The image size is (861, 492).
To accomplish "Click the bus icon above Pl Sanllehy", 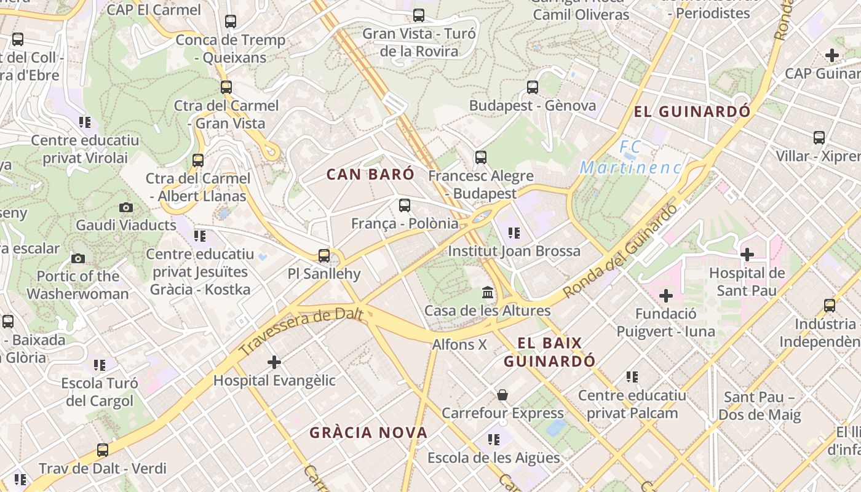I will coord(324,255).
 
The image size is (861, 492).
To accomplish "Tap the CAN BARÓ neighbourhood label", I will coord(370,174).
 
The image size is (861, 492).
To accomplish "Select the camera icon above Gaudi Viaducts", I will coord(126,207).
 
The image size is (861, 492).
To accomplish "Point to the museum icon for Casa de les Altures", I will coord(488,292).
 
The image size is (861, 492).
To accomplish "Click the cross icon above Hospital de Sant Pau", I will coord(747,254).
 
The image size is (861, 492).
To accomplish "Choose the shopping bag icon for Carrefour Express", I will coord(502,394).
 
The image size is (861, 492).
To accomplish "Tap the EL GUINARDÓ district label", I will coord(692,111).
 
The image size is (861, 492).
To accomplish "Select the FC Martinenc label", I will coord(631,157).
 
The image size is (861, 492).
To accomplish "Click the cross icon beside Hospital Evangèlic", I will coord(274,362).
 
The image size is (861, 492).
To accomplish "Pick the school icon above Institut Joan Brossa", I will coord(514,232).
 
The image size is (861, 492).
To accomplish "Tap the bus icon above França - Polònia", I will coord(405,205).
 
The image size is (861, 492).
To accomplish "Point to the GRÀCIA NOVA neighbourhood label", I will coord(368,432).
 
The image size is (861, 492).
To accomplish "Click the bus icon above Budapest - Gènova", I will coord(533,87).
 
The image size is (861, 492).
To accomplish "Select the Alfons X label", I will coord(459,344).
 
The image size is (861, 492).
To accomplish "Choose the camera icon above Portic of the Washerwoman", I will coord(78,258).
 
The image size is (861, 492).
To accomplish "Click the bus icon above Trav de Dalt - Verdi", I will coord(103,450).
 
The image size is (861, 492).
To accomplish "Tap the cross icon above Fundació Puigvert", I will coord(665,296).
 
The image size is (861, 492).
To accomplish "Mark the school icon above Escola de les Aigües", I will coord(494,439).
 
